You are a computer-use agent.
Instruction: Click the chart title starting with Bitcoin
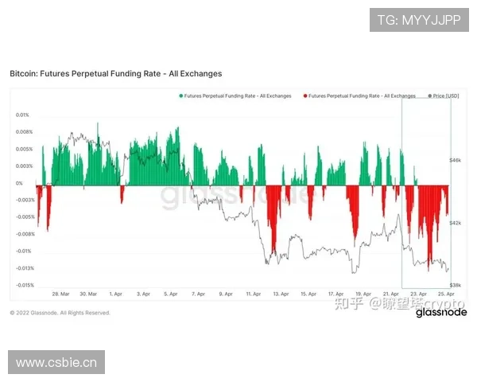point(115,73)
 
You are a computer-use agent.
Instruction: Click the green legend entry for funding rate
point(236,95)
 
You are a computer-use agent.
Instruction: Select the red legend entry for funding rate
point(362,95)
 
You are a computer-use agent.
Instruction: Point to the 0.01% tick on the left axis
point(22,115)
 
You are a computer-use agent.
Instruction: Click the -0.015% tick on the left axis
point(24,285)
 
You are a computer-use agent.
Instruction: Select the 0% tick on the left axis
point(20,183)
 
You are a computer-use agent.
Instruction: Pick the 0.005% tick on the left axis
point(24,149)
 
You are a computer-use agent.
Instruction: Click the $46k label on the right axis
point(456,160)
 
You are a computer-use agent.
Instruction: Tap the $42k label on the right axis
point(456,224)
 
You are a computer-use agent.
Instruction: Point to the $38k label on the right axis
point(456,284)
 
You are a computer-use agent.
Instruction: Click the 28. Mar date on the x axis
point(60,294)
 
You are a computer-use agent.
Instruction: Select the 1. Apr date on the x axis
point(116,294)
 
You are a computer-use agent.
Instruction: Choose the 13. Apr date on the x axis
point(281,294)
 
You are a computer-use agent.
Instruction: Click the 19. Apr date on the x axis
point(363,294)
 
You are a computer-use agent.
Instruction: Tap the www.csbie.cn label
point(56,363)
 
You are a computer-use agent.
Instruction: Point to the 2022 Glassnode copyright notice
point(60,313)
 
